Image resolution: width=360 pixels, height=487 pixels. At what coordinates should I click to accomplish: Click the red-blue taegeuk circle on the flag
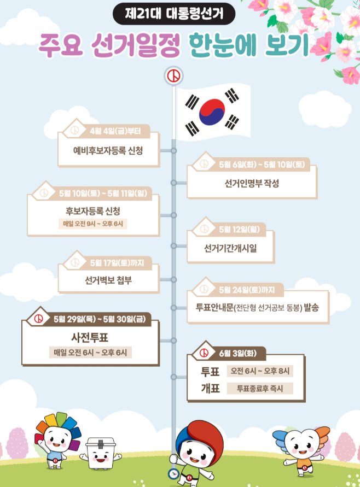(213, 111)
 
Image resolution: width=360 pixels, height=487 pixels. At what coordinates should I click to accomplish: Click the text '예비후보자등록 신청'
(108, 150)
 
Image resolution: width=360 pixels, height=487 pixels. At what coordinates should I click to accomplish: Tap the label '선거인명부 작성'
(252, 183)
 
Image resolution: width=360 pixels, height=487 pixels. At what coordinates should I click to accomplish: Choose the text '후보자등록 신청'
(93, 211)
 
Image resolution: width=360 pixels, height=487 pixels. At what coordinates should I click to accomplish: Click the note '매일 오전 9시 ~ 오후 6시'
(93, 224)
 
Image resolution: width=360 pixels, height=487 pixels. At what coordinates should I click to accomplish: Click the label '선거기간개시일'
(230, 248)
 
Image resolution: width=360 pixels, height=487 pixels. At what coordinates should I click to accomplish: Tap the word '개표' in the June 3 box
(210, 389)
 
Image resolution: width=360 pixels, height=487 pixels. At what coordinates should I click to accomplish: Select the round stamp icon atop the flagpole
(174, 75)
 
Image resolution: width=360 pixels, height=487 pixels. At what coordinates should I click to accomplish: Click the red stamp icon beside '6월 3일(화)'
(205, 353)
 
